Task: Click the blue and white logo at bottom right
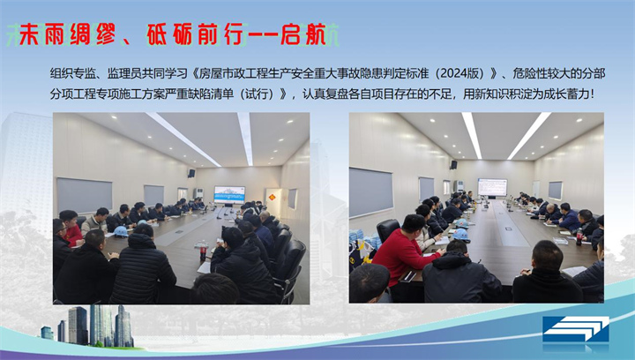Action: [575, 330]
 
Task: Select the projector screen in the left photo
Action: [229, 194]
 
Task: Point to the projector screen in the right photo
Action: [492, 187]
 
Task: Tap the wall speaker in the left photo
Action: [191, 173]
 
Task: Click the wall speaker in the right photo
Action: [453, 165]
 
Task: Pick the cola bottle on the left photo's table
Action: [203, 251]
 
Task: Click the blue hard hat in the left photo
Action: [120, 231]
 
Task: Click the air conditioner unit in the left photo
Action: [198, 193]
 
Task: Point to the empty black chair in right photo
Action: [387, 231]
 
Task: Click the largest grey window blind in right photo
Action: [371, 192]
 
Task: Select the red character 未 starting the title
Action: [31, 34]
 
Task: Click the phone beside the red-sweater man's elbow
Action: [407, 276]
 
